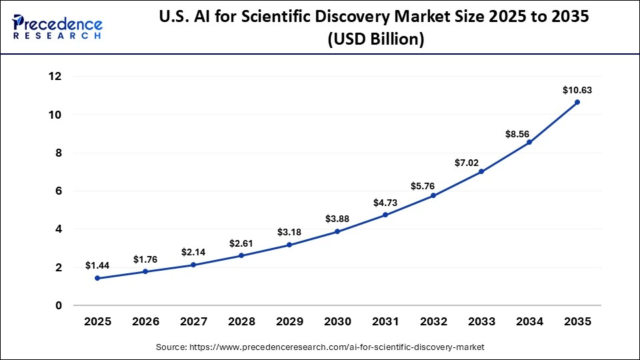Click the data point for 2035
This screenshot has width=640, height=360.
pyautogui.click(x=577, y=102)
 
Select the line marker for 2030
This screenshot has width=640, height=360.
pyautogui.click(x=337, y=231)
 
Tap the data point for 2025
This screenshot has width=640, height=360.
pyautogui.click(x=97, y=278)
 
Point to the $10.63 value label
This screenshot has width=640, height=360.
pyautogui.click(x=577, y=90)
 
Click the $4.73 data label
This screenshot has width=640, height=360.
pyautogui.click(x=385, y=203)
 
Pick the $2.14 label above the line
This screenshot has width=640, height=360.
pyautogui.click(x=193, y=253)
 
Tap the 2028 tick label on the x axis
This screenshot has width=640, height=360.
pyautogui.click(x=241, y=321)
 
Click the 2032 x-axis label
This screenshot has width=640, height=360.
pyautogui.click(x=433, y=321)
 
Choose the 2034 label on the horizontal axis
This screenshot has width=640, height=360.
pyautogui.click(x=529, y=321)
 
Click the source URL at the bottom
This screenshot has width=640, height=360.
pyautogui.click(x=320, y=347)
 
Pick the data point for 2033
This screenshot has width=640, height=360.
pyautogui.click(x=481, y=171)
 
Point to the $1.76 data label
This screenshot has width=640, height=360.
pyautogui.click(x=145, y=259)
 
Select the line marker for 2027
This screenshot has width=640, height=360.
pyautogui.click(x=193, y=265)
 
